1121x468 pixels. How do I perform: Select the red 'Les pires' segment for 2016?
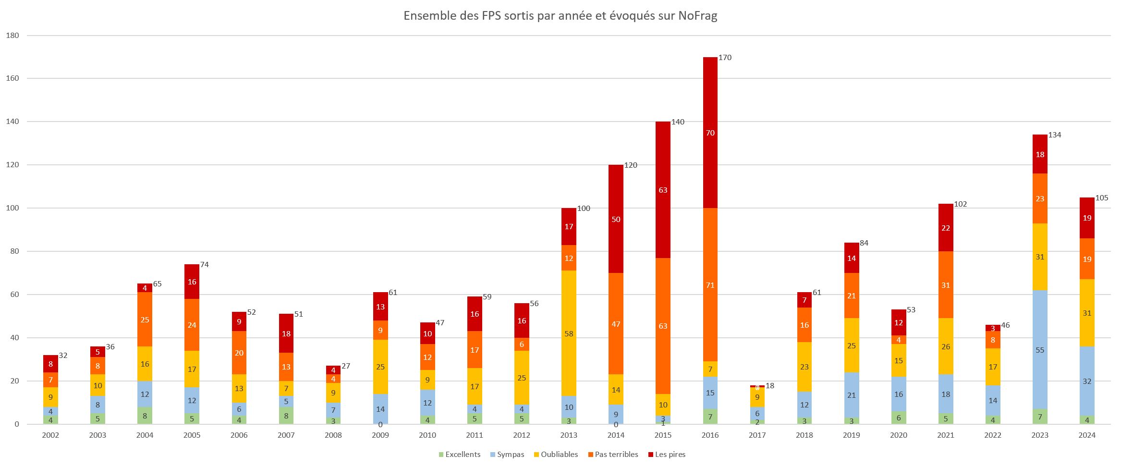(x=710, y=133)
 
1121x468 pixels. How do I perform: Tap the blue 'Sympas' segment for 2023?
(x=1040, y=350)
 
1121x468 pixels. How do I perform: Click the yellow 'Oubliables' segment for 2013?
(x=569, y=333)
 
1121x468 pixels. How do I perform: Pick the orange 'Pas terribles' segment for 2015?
(x=663, y=326)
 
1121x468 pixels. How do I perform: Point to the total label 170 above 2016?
(x=725, y=58)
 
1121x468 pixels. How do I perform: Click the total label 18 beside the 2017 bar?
(x=770, y=385)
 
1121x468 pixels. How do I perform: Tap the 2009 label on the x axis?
(x=380, y=436)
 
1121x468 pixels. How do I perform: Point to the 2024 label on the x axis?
(x=1087, y=436)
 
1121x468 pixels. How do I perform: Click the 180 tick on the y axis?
(x=12, y=36)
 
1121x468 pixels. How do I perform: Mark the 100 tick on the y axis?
(x=12, y=208)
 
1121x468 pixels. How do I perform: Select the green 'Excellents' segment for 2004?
(x=145, y=416)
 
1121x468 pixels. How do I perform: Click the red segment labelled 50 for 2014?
(x=616, y=219)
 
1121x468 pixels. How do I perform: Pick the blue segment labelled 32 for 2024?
(x=1087, y=382)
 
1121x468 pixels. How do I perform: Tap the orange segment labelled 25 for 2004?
(x=145, y=319)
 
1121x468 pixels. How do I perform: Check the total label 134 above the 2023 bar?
(x=1055, y=135)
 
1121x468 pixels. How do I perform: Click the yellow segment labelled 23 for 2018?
(x=804, y=367)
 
